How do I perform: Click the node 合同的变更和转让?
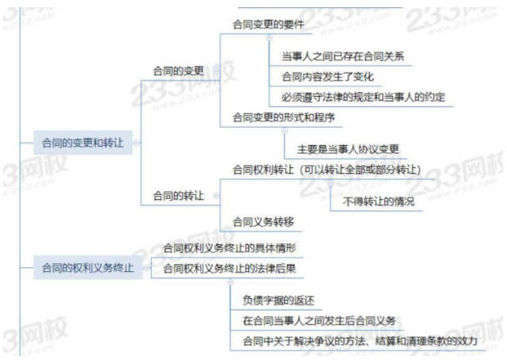(83, 143)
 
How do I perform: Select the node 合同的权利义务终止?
(87, 268)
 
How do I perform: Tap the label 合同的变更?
(179, 71)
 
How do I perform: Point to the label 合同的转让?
(179, 195)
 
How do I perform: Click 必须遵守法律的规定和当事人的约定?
(363, 97)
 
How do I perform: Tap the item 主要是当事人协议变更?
(348, 149)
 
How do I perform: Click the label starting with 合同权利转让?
(325, 170)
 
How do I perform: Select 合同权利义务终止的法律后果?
(230, 268)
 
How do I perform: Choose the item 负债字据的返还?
(279, 300)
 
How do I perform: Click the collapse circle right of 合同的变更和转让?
(136, 144)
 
